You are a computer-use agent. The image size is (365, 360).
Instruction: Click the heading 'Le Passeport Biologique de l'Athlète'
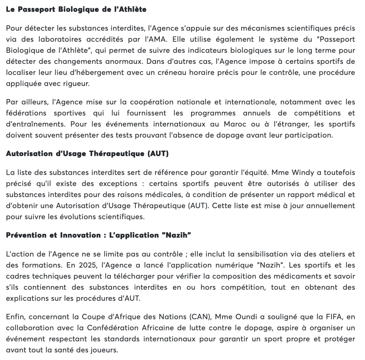coord(76,10)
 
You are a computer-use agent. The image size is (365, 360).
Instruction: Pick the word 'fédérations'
coord(24,113)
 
